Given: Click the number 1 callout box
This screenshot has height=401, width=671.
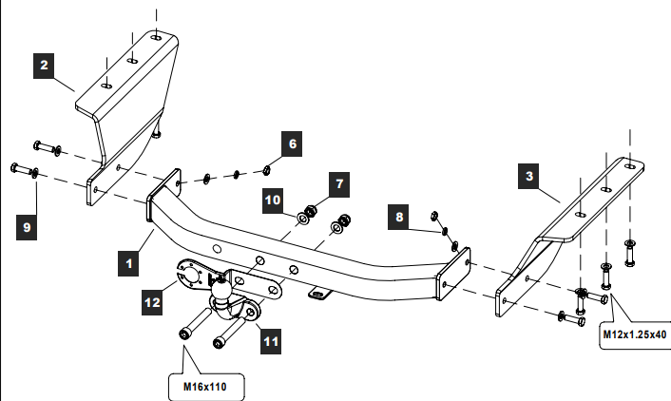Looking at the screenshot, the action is point(128,263).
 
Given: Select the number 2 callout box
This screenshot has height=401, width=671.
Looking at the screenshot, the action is point(44,66).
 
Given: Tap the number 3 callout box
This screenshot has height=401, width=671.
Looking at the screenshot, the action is point(528,176).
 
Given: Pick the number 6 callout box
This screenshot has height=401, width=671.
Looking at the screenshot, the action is point(292,143).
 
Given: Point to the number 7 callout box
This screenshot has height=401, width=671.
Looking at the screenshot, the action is point(339,184).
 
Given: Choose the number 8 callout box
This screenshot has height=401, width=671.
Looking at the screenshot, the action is point(399,217).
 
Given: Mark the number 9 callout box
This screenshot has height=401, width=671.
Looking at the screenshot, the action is point(27,227).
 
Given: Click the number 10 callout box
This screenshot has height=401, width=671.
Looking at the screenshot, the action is point(273,200).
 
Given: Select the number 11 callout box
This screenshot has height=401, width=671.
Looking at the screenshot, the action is point(271,341).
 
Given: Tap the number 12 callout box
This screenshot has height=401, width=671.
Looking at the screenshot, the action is point(152,302).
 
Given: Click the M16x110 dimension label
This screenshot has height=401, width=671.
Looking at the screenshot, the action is point(205,388).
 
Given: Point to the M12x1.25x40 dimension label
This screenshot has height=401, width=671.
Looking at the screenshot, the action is point(635,334).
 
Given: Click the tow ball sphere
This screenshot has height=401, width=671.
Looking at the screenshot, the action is point(220,292).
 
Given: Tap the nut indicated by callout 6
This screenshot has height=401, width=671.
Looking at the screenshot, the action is point(266,170).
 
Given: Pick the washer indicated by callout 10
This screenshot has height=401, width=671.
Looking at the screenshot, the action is point(303,220).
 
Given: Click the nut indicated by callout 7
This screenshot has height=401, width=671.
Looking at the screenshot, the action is point(311,211).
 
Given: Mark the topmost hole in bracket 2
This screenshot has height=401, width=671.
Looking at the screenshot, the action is point(157,38).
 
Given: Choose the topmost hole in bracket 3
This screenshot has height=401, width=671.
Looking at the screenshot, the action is point(630,166).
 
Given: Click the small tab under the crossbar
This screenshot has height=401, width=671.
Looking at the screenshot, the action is point(320,294).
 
